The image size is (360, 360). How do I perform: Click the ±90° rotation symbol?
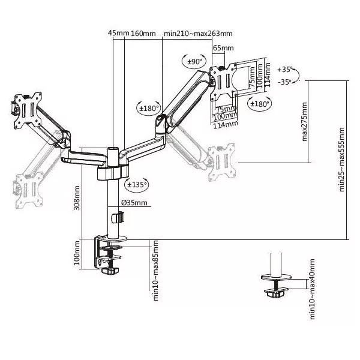pos(195,61)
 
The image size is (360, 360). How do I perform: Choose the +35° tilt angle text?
pos(285,70)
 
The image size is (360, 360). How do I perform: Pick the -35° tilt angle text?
pos(285,82)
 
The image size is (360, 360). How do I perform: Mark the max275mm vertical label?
pos(305,121)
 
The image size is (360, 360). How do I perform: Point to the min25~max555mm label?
pos(341,160)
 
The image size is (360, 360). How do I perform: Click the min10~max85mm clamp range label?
pos(155,270)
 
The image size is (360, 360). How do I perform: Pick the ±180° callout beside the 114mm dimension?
pos(259,103)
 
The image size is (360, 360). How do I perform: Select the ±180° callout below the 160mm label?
pos(149,108)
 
